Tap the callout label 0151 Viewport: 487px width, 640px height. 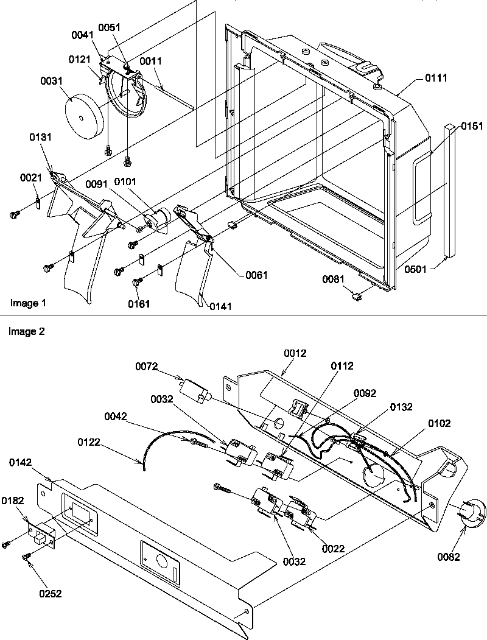tap(472, 127)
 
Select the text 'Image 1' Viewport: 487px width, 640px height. tap(27, 303)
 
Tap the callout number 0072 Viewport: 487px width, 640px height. tap(147, 366)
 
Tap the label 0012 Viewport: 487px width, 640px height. tap(294, 352)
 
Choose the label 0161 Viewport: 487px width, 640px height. tap(139, 303)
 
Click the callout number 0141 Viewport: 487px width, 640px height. tap(220, 306)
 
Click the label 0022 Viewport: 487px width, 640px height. tap(334, 549)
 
